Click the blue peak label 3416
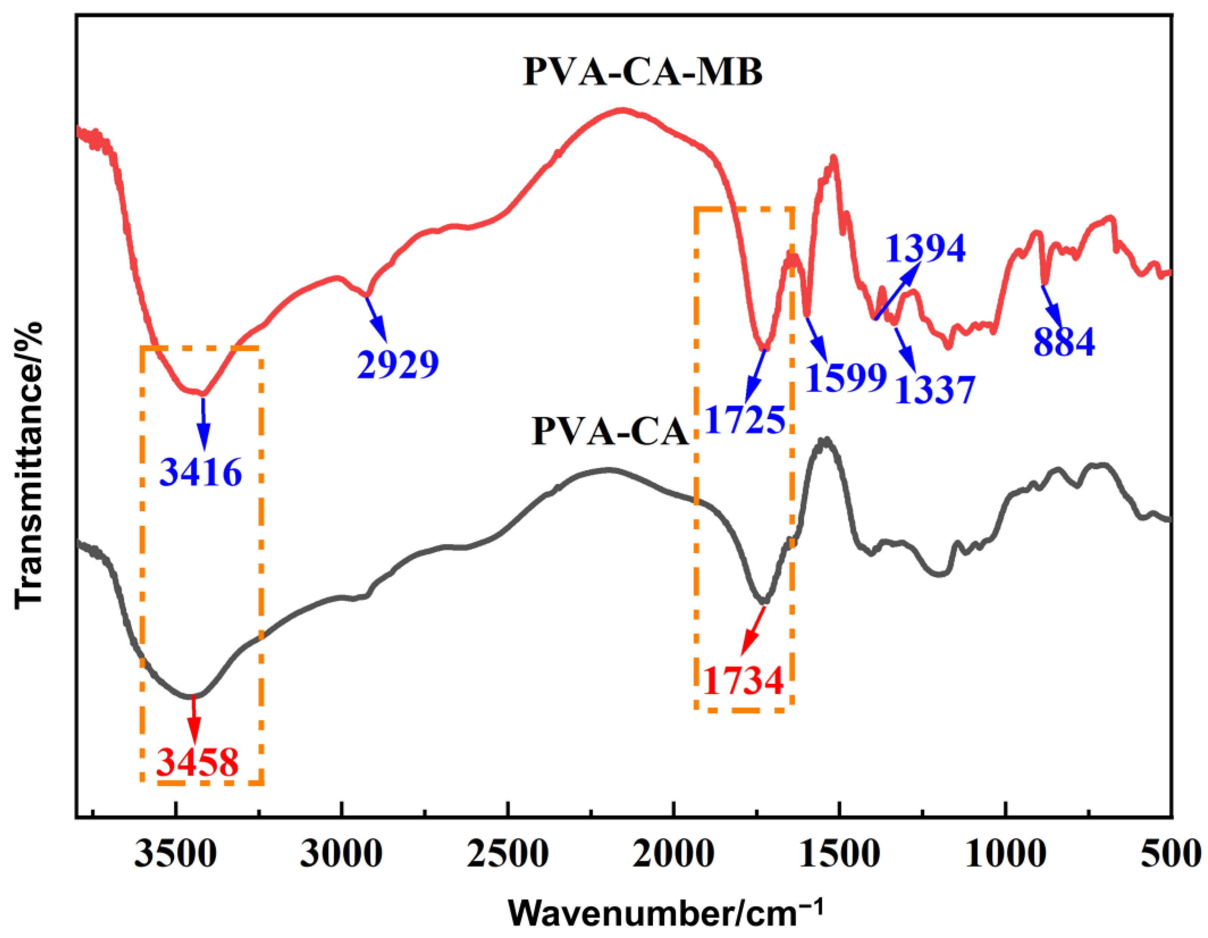pyautogui.click(x=201, y=473)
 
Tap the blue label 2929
pyautogui.click(x=398, y=365)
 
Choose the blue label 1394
pyautogui.click(x=925, y=249)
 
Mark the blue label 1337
pyautogui.click(x=935, y=390)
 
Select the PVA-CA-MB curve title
pyautogui.click(x=643, y=73)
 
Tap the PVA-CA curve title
pyautogui.click(x=610, y=432)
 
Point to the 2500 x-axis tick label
pyautogui.click(x=507, y=854)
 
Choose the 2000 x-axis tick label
pyautogui.click(x=673, y=854)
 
